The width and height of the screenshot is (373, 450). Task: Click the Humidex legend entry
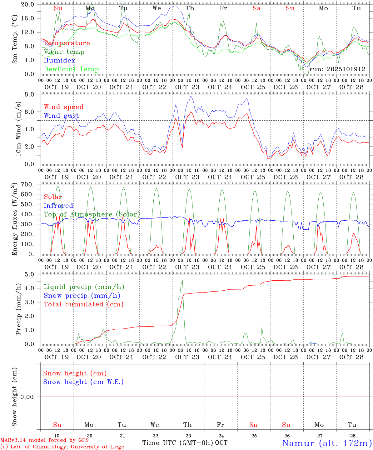[60, 60]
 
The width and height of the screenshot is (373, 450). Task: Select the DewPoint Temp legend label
[71, 69]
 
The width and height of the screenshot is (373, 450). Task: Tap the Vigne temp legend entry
[64, 52]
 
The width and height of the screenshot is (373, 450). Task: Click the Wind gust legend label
[61, 116]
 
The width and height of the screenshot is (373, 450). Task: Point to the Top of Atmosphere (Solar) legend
[92, 214]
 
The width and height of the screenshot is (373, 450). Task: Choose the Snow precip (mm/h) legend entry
[82, 295]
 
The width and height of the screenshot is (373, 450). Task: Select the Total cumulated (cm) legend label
[83, 304]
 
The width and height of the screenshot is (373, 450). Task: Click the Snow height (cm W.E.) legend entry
[83, 382]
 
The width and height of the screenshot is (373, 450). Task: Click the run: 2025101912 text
[337, 69]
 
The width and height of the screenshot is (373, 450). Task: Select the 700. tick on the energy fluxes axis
[27, 184]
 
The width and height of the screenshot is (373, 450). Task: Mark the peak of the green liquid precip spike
[182, 281]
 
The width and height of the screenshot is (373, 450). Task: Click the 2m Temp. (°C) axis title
[15, 39]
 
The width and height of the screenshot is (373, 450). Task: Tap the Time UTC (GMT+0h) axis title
[177, 443]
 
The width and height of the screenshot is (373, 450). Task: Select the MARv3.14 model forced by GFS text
[44, 440]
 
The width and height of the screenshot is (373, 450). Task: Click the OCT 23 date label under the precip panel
[187, 357]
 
